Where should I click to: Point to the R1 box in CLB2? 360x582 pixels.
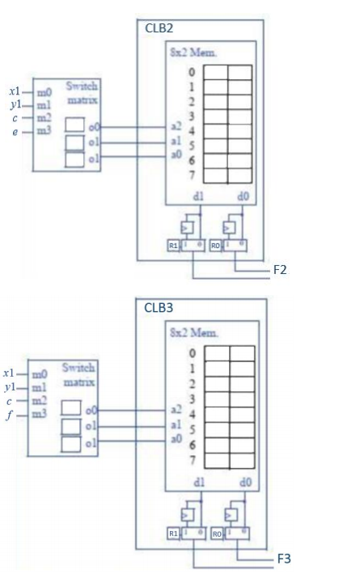[174, 245]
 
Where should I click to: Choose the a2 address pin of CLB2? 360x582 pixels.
[175, 126]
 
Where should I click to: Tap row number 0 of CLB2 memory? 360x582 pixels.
[192, 71]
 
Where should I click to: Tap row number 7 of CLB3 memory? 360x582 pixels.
[193, 460]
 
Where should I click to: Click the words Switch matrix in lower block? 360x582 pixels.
[78, 374]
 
